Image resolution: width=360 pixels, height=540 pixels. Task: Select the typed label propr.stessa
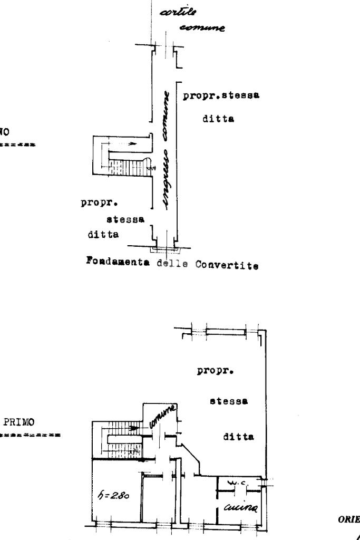tap(222, 96)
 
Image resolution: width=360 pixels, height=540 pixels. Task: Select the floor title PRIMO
tap(19, 422)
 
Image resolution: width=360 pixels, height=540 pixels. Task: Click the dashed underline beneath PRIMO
tap(30, 436)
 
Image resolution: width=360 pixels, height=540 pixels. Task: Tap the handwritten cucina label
tap(241, 507)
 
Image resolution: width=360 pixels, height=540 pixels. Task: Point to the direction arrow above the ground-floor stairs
tap(122, 144)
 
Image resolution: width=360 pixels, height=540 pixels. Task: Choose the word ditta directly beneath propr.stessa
tap(218, 119)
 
